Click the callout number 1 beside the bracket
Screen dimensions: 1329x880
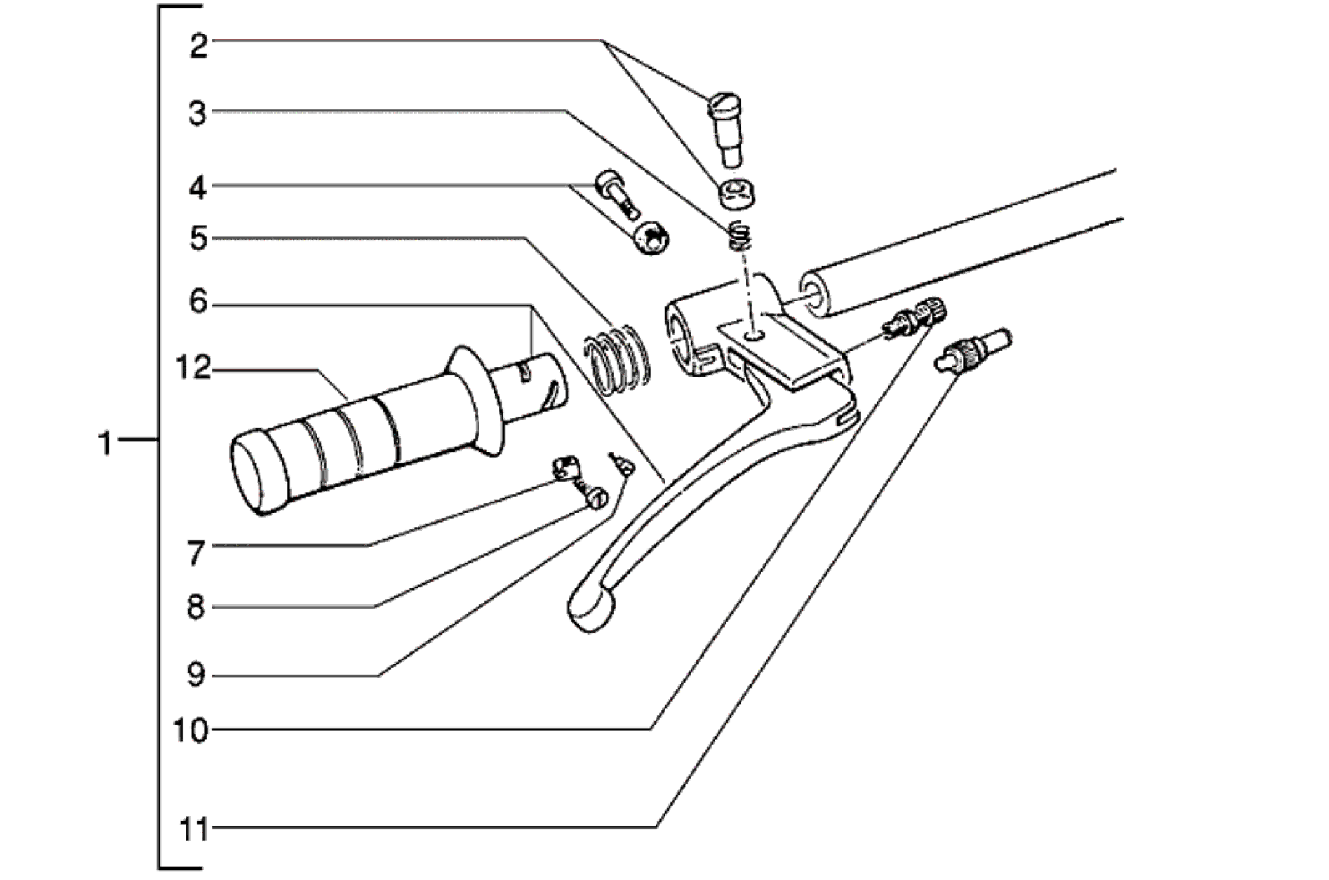point(105,443)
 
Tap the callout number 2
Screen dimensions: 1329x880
point(199,47)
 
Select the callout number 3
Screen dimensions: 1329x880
point(197,114)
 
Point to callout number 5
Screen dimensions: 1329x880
point(198,238)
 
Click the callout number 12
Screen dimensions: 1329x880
point(193,367)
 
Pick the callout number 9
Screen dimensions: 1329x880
point(195,675)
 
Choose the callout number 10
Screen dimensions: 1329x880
point(191,730)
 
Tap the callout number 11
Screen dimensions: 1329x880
point(193,829)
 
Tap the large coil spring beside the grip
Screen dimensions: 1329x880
point(616,359)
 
